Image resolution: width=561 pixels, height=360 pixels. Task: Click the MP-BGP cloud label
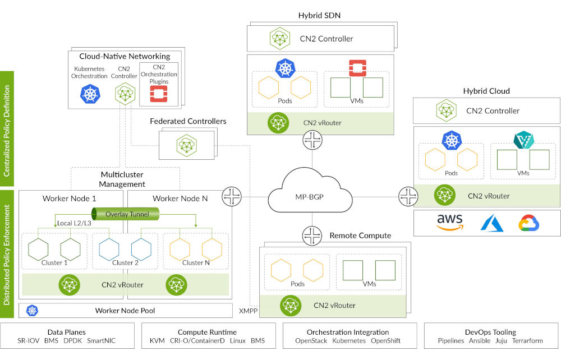[310, 197]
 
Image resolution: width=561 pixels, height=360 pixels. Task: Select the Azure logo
[492, 223]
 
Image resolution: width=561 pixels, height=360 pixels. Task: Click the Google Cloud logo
[529, 223]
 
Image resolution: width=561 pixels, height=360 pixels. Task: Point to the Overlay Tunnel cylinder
[124, 214]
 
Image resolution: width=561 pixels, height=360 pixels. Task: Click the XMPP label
[248, 310]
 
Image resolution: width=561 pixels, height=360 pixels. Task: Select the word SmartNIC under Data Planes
[102, 341]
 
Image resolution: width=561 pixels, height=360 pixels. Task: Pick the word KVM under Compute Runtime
[158, 341]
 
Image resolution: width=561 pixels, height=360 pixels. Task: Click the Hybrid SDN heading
[320, 15]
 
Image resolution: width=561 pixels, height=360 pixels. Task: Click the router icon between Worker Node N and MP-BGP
[231, 197]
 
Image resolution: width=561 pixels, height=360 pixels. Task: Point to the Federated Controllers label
[188, 121]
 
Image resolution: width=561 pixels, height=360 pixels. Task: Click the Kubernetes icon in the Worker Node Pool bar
[33, 311]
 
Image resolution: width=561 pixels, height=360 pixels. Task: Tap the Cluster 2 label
[125, 262]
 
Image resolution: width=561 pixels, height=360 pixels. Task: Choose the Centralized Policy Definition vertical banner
[8, 124]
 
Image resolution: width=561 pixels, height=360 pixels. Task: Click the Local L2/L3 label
[74, 224]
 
